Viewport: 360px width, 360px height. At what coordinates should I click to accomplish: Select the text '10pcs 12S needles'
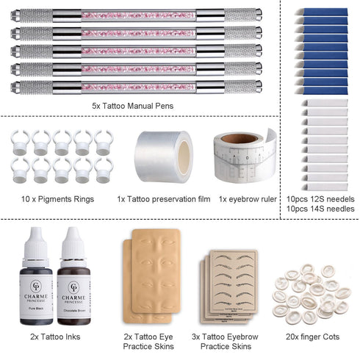coord(320,198)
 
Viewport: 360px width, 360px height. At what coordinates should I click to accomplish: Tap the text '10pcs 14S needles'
coord(320,209)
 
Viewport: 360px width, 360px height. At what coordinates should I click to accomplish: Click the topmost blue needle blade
coord(324,12)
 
